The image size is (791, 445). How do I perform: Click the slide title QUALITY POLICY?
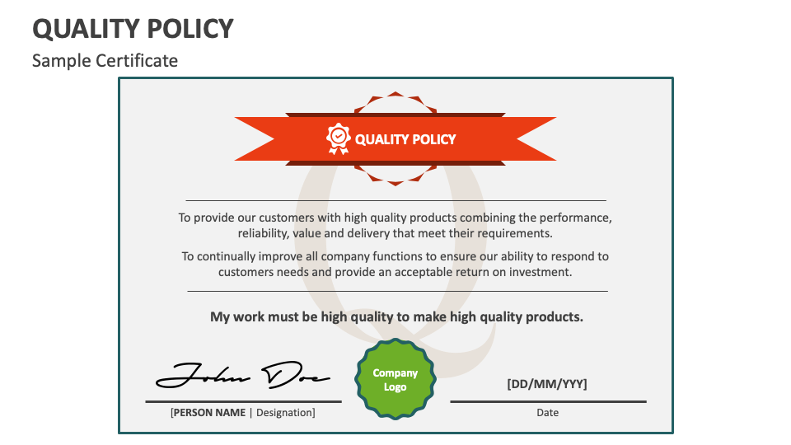133,29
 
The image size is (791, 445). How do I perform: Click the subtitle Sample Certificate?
105,60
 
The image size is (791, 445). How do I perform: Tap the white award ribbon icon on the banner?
339,138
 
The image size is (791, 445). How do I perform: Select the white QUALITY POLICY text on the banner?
405,139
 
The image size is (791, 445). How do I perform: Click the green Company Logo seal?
395,380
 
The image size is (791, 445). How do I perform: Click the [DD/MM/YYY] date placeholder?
547,383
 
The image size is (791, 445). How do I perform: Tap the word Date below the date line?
547,412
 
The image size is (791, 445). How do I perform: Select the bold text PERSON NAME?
208,412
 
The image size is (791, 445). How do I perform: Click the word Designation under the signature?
285,412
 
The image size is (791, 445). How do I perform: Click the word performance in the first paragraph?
575,218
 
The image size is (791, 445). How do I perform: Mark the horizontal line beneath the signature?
243,401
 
